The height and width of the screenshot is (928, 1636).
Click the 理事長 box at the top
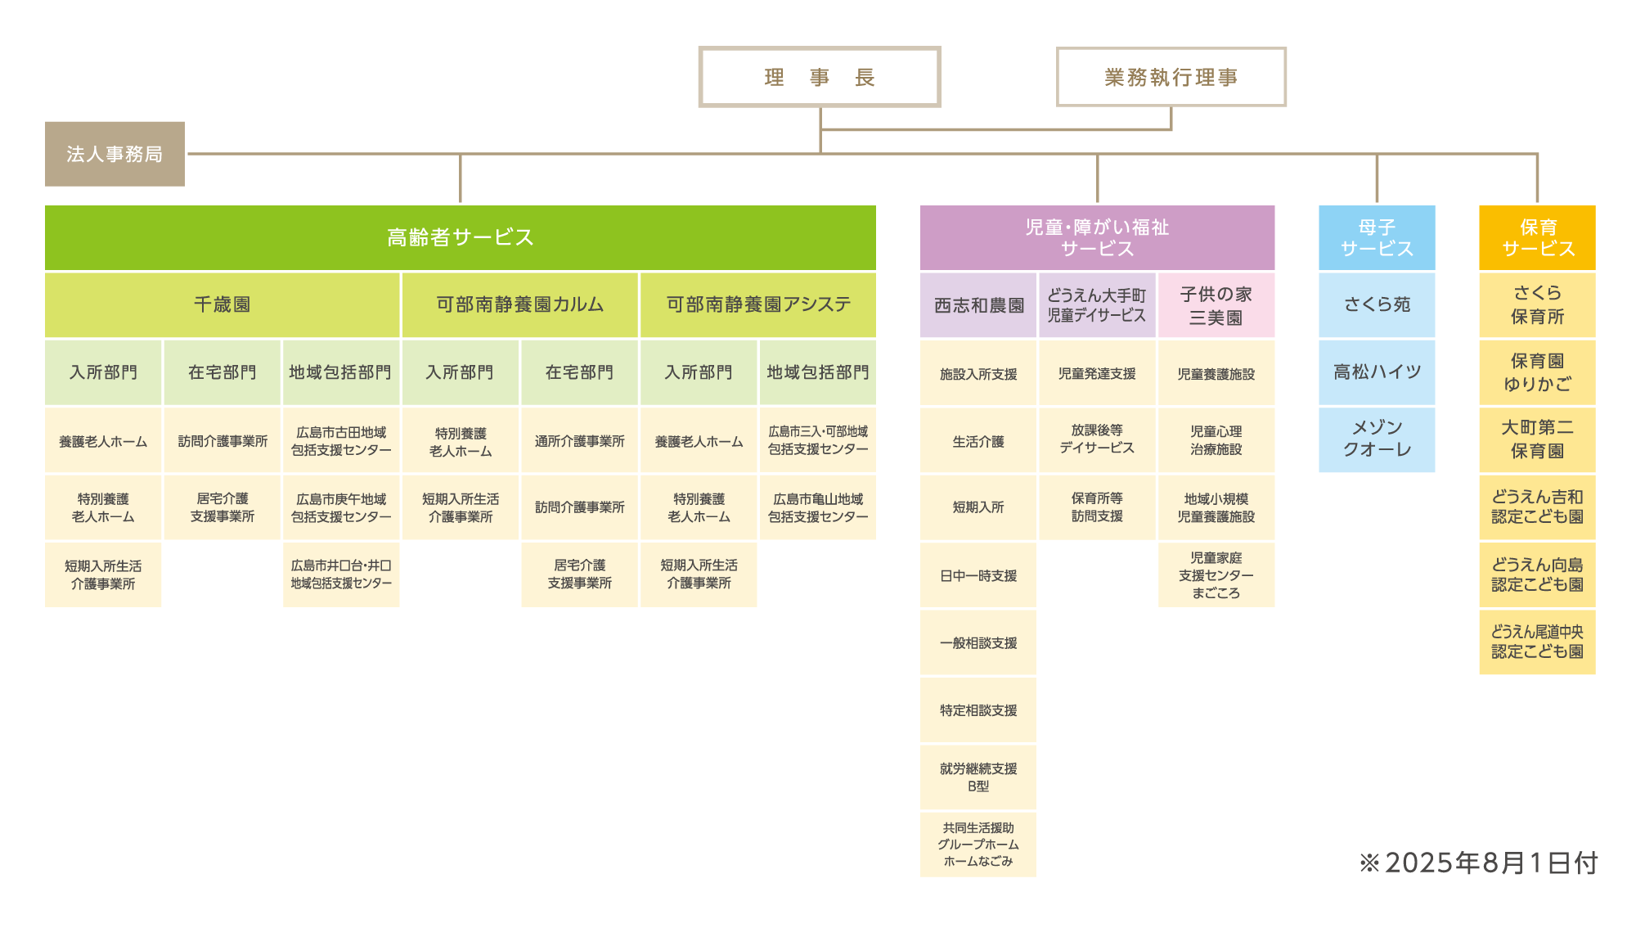tap(819, 77)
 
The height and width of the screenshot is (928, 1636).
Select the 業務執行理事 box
tap(1171, 77)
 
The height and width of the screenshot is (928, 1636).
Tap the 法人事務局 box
tap(115, 154)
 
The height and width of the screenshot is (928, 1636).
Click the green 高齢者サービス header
tap(460, 237)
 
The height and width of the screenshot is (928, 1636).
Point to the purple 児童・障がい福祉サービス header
tap(1097, 237)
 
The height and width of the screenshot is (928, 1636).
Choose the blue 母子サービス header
tap(1377, 237)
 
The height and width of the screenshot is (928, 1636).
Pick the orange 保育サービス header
tap(1537, 237)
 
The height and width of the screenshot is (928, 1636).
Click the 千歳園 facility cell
tap(222, 304)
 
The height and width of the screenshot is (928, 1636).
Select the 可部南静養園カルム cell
tap(519, 304)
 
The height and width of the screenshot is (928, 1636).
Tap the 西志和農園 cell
tap(978, 305)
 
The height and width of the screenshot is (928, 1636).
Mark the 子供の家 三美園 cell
tap(1216, 305)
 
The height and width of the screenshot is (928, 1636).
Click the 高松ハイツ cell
tap(1377, 372)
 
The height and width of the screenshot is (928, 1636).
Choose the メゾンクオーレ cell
tap(1377, 439)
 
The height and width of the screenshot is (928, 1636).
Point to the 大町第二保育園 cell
tap(1537, 439)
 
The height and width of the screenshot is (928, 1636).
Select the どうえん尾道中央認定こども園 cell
tap(1537, 642)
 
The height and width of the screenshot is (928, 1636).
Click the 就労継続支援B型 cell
tap(978, 777)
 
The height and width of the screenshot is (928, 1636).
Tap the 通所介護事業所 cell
tap(579, 441)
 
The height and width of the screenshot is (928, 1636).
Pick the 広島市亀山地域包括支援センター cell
tap(818, 507)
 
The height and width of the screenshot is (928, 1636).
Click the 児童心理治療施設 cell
tap(1216, 440)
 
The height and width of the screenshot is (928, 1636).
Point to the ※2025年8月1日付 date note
tap(1478, 863)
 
